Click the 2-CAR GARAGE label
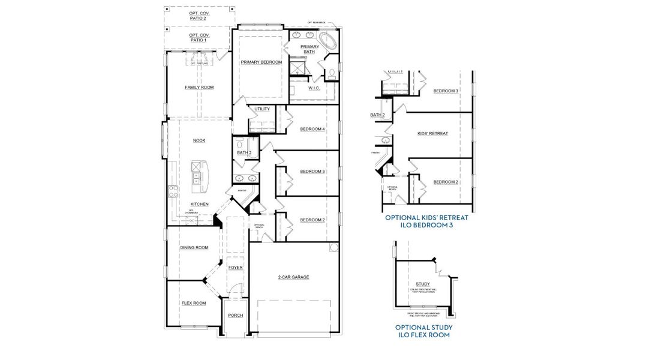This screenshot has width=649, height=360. (x=293, y=277)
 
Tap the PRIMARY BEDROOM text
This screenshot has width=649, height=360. (x=261, y=62)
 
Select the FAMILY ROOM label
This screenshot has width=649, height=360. (x=199, y=88)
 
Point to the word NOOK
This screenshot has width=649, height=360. (x=199, y=140)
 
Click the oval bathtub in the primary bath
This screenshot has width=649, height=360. (x=327, y=41)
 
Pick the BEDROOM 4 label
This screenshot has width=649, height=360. (x=312, y=129)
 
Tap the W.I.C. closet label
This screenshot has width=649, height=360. (x=314, y=89)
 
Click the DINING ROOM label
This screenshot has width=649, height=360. (x=194, y=247)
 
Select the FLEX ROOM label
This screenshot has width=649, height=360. (x=193, y=303)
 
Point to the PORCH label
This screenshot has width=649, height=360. (x=236, y=315)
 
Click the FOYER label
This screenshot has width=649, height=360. (x=236, y=267)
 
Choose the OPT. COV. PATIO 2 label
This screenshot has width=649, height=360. (x=197, y=15)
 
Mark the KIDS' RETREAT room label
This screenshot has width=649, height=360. (x=432, y=133)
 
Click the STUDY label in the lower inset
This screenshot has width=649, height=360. (x=422, y=284)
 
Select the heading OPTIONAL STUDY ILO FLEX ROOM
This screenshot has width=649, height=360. (x=423, y=331)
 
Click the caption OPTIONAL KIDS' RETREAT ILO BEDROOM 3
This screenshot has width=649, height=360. (x=426, y=221)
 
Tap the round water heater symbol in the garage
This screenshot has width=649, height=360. (x=333, y=247)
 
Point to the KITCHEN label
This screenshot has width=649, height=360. (x=199, y=204)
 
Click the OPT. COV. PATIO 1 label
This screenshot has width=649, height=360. (x=197, y=38)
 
